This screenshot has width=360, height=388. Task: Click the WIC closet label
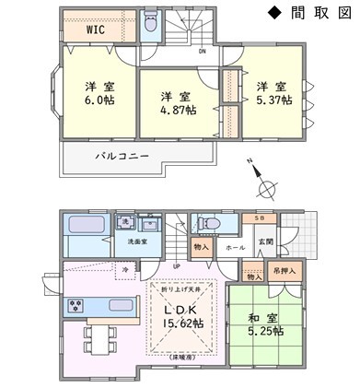coord(96,29)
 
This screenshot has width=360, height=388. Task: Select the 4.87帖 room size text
coord(178,111)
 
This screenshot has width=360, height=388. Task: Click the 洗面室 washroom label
coord(139,242)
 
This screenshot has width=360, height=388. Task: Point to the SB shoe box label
coord(260,218)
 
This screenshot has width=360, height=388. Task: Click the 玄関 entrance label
coord(265,241)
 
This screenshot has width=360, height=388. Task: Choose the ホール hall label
coord(235,249)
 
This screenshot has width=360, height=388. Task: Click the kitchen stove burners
coord(75,306)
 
